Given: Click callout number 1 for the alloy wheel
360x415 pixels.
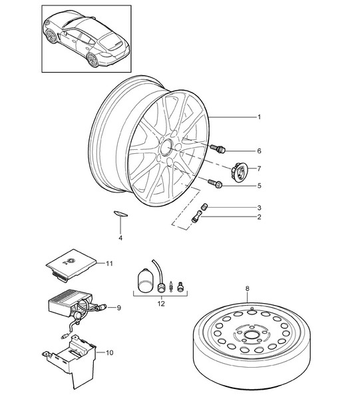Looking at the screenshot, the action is [x=259, y=117].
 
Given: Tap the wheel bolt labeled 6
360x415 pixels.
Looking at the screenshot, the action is [x=218, y=149].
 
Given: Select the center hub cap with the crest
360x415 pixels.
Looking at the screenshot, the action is [x=240, y=172].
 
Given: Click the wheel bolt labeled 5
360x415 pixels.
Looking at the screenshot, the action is [x=215, y=184].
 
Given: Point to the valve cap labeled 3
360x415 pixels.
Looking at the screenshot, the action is [x=204, y=207].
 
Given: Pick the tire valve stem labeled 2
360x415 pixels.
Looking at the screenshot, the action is [x=196, y=216].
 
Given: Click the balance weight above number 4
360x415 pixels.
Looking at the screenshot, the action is [x=120, y=214].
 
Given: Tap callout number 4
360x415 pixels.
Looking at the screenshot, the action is [x=120, y=238].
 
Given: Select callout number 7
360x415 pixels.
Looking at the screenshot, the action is [x=259, y=169].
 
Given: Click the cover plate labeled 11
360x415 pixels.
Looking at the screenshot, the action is [x=71, y=264].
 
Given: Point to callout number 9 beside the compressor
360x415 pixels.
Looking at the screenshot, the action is [x=118, y=308].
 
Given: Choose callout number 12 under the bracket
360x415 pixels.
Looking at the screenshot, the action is [x=161, y=304].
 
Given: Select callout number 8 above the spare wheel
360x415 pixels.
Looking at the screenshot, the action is [x=248, y=288].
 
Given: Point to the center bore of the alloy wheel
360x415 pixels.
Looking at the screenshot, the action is [x=166, y=147].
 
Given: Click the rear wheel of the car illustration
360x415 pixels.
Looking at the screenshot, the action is [x=92, y=60].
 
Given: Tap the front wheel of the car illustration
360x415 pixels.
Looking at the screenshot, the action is [x=51, y=36].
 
